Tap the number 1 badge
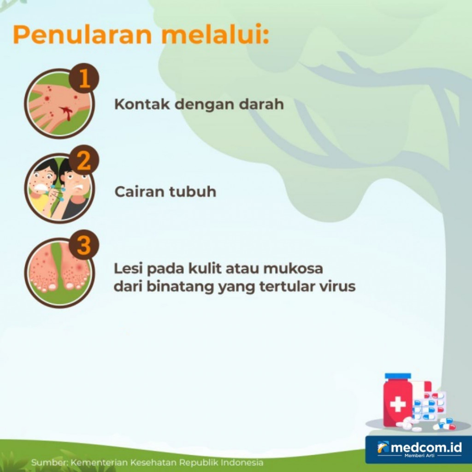pyautogui.click(x=84, y=79)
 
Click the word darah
pyautogui.click(x=261, y=104)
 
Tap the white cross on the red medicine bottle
pyautogui.click(x=397, y=404)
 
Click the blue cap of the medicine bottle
pyautogui.click(x=398, y=377)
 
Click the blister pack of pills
pyautogui.click(x=429, y=406)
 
